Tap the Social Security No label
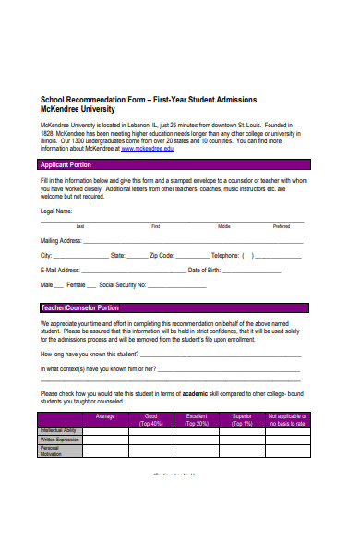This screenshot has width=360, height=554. tap(116, 285)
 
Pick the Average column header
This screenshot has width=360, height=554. tap(105, 416)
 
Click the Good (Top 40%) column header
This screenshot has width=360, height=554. tap(151, 420)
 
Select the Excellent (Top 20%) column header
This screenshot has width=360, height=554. tap(197, 420)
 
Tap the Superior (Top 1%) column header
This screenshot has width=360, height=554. tap(242, 420)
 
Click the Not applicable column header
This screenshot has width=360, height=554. tap(287, 420)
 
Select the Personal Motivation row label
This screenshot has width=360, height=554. tap(54, 451)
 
